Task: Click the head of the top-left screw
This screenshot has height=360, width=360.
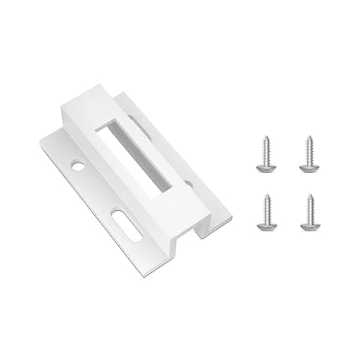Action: click(266, 167)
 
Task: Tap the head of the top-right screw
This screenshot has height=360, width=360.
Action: click(309, 167)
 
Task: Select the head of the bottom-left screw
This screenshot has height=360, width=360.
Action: click(266, 226)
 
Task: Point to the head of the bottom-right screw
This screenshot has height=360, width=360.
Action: click(309, 226)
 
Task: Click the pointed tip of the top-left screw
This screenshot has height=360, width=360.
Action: click(266, 136)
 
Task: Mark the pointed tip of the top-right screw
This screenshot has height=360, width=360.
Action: click(309, 136)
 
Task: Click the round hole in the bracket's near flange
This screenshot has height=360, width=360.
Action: click(78, 167)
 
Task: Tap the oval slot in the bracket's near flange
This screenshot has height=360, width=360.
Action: click(127, 225)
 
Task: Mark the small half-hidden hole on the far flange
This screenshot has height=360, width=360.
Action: click(188, 185)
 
